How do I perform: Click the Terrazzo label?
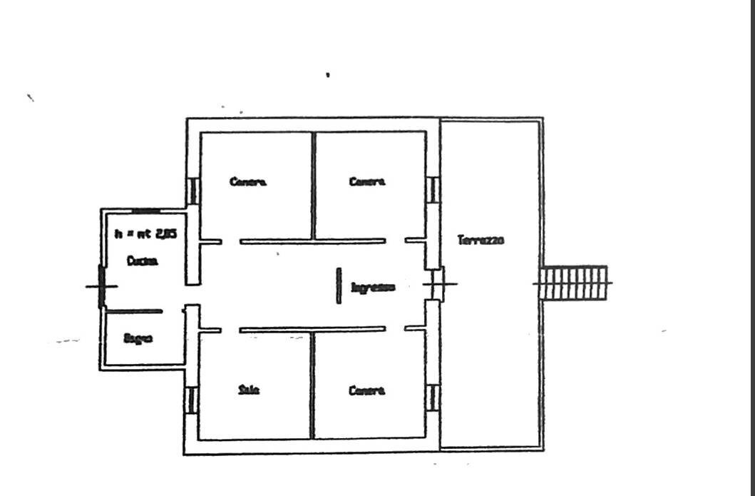pos(481,241)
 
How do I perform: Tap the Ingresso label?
pos(373,288)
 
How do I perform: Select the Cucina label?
pos(143,261)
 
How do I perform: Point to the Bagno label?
pos(138,338)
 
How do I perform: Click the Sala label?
pos(249,390)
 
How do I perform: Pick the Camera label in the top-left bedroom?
pos(248,182)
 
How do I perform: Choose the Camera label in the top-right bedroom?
pos(367,182)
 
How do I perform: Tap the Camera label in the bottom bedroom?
pos(367,390)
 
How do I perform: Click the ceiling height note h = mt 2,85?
pos(146,233)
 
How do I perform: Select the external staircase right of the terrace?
pos(574,283)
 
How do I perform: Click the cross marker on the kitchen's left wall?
pos(101,286)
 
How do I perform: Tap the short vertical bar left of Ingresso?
pos(339,285)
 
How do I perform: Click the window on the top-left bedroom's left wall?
pos(192,191)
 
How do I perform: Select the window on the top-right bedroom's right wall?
pos(432,190)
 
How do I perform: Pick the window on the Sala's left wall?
pos(190,400)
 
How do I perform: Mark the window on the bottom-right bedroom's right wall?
pos(432,398)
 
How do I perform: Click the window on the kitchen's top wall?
pos(148,211)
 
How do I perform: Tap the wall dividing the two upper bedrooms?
pos(312,186)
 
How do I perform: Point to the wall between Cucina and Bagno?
pos(134,311)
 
